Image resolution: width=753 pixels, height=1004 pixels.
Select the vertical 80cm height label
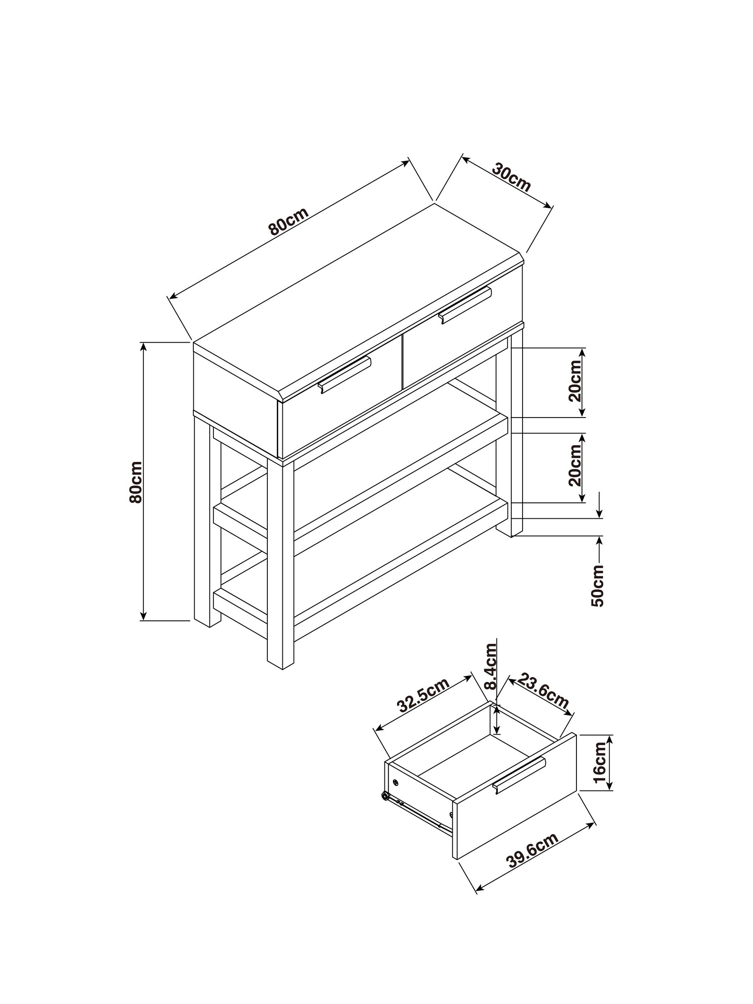[x=136, y=482]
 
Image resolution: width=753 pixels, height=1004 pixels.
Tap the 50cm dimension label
[x=598, y=586]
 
